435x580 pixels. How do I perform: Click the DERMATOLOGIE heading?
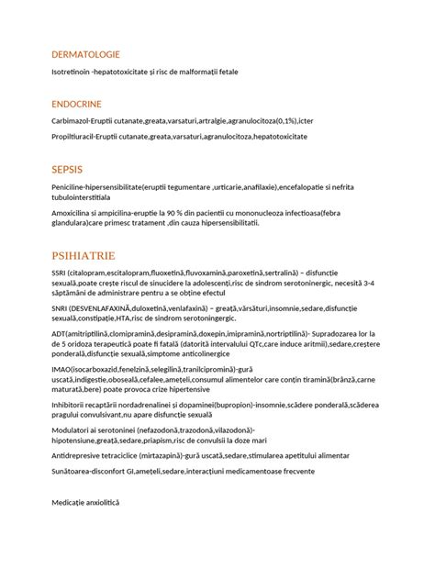(86, 54)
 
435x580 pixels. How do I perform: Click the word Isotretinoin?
(75, 72)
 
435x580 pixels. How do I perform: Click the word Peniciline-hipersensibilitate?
(106, 186)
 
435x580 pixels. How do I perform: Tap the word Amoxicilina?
(75, 210)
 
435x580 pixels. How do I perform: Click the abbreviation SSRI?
(61, 273)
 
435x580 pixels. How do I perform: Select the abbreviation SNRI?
(61, 310)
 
